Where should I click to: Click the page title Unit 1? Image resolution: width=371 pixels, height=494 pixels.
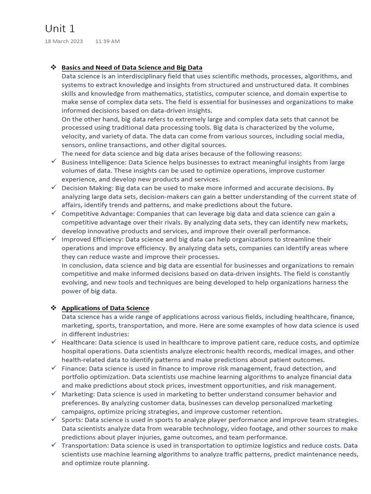pyautogui.click(x=60, y=28)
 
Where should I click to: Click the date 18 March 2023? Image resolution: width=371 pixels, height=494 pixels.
pyautogui.click(x=64, y=41)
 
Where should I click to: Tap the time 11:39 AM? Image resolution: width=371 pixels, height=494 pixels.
pyautogui.click(x=107, y=41)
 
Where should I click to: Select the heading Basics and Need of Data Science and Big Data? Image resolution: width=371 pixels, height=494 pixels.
pyautogui.click(x=132, y=68)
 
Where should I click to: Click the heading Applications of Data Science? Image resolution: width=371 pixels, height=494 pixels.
pyautogui.click(x=105, y=308)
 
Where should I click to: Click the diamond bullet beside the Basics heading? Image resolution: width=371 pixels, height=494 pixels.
pyautogui.click(x=54, y=67)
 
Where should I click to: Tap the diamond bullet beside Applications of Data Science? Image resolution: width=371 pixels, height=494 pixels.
pyautogui.click(x=54, y=308)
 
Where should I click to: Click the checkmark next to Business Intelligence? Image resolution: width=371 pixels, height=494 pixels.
pyautogui.click(x=54, y=161)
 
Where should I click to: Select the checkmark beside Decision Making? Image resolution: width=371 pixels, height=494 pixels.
pyautogui.click(x=54, y=187)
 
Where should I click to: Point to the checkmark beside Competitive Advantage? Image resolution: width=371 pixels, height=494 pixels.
pyautogui.click(x=54, y=213)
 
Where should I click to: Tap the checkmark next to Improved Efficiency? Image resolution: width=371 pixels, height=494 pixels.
pyautogui.click(x=54, y=238)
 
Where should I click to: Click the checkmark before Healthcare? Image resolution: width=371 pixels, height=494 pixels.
pyautogui.click(x=54, y=342)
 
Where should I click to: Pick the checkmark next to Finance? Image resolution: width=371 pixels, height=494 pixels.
pyautogui.click(x=54, y=368)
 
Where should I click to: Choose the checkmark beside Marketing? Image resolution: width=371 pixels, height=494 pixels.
pyautogui.click(x=54, y=393)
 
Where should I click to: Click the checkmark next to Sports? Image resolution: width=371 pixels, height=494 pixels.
pyautogui.click(x=54, y=419)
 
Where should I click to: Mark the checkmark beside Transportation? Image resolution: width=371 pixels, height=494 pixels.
pyautogui.click(x=54, y=445)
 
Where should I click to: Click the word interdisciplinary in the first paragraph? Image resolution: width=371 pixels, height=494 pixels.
pyautogui.click(x=134, y=76)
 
